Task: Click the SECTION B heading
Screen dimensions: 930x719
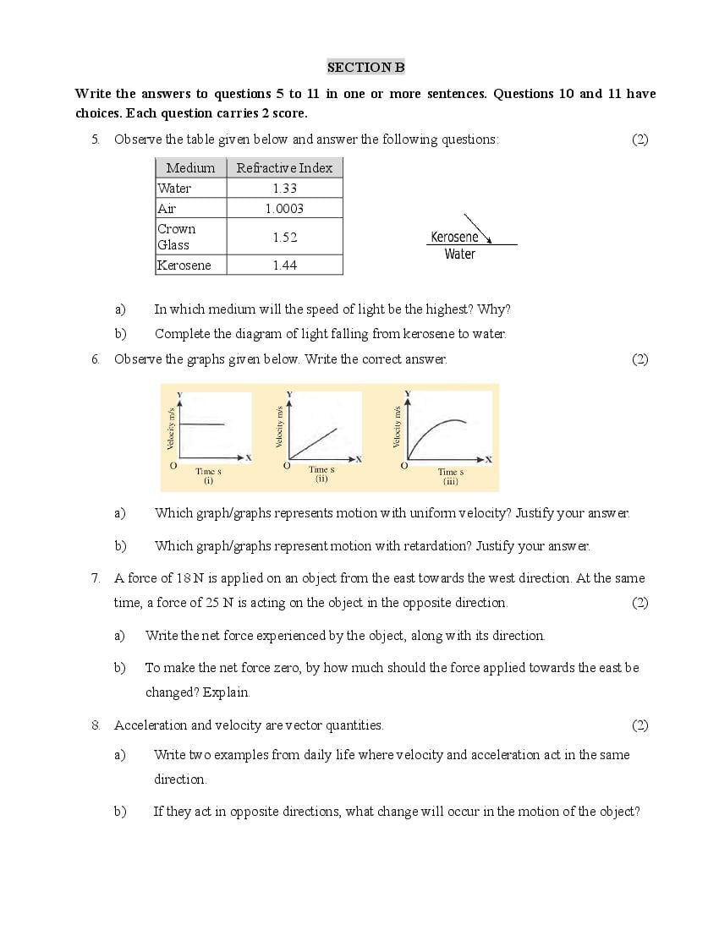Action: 365,68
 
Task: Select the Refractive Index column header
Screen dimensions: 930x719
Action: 284,167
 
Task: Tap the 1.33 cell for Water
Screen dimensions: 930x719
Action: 284,188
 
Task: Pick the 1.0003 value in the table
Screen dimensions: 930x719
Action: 284,208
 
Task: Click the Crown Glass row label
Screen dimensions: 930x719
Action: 176,237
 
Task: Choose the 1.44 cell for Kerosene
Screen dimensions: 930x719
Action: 284,265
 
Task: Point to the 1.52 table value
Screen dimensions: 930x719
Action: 284,238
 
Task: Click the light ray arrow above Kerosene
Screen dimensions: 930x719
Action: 479,228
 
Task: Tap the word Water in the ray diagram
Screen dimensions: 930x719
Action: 459,254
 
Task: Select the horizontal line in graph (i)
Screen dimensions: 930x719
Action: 203,424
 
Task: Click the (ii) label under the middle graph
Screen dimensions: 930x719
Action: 321,479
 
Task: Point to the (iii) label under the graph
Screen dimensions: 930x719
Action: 450,481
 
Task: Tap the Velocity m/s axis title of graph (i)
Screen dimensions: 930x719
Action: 171,428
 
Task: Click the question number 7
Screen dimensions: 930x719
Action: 96,578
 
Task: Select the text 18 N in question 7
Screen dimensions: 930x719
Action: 188,578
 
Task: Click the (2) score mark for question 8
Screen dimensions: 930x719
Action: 639,725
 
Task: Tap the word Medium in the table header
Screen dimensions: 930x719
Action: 190,167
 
